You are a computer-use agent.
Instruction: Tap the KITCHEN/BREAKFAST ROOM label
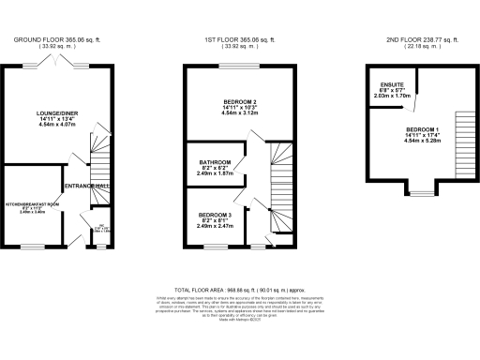pos(33,203)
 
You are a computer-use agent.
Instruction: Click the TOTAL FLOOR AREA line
pos(240,291)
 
